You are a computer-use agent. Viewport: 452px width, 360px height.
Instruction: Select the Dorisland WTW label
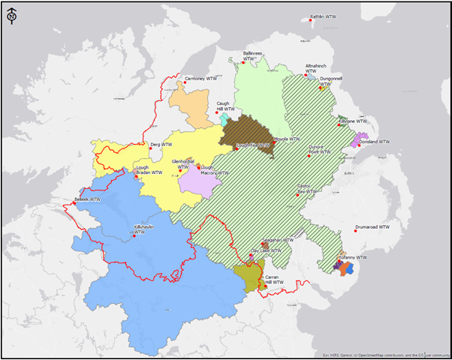pos(375,141)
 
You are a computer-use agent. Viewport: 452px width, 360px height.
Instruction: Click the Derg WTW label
pos(161,144)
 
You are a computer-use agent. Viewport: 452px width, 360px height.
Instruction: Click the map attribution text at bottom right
pos(384,353)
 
